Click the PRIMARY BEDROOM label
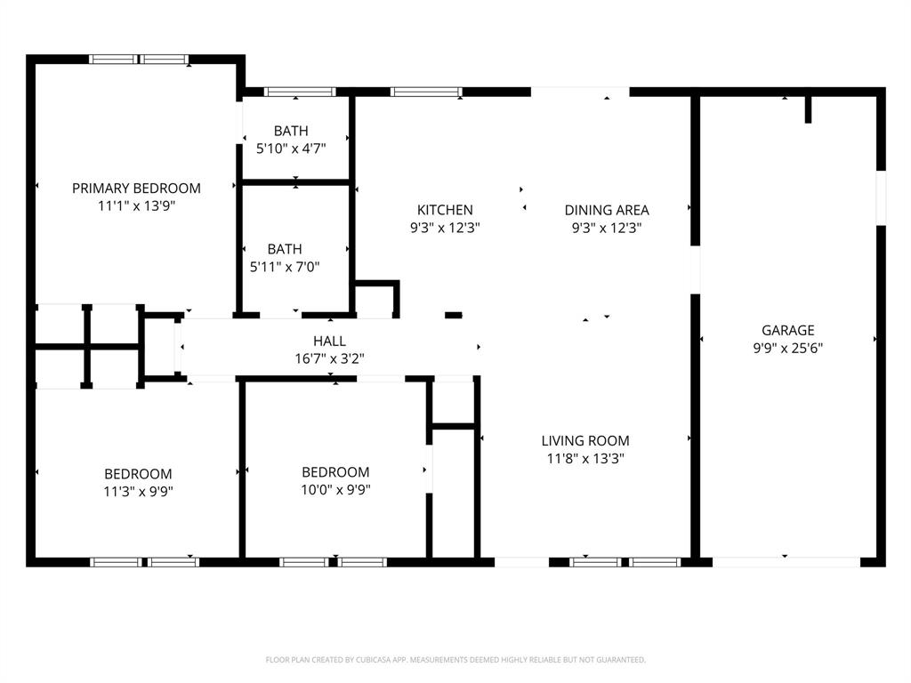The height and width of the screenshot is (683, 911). pos(136,188)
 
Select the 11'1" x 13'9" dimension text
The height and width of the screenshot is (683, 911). pos(136,205)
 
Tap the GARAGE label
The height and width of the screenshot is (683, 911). pos(787,330)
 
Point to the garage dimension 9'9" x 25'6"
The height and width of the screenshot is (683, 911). pos(787,348)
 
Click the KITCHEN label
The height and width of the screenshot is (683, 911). pos(445,210)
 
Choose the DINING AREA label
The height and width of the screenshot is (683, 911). pos(607,210)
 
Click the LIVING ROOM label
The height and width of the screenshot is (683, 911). pos(585,440)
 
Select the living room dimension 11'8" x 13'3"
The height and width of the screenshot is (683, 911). pos(585,459)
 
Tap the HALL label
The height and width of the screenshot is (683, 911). pos(329,341)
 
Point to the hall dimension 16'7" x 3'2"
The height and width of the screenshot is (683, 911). pos(329,358)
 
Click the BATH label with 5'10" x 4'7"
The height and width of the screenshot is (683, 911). pos(291,131)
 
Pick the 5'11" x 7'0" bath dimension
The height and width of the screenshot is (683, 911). pos(285,266)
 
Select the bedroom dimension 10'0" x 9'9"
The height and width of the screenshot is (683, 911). pos(335,489)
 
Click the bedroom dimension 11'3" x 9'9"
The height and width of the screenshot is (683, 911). pos(138,490)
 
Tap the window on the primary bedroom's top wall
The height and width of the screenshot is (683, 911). pos(140,60)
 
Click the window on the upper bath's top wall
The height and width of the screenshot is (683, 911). pos(300,92)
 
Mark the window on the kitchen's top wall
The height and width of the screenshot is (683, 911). pos(426,92)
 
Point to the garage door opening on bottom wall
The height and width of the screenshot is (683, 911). pos(786,562)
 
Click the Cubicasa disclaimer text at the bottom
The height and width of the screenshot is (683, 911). pos(455,660)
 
